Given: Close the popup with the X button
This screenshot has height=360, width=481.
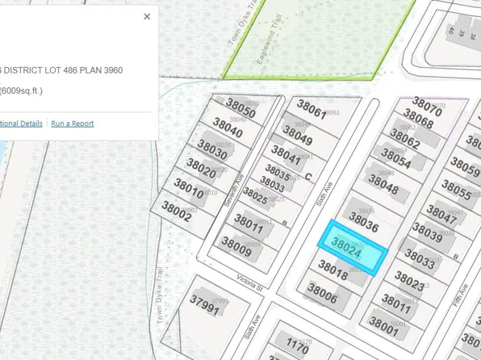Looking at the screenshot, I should click(x=147, y=16).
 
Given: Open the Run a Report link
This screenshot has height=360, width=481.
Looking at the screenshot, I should click(x=72, y=123).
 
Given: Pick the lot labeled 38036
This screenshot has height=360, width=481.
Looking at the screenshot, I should click(x=362, y=219).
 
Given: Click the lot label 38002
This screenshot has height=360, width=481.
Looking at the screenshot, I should click(x=176, y=207).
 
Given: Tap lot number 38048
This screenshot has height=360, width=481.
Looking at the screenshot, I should click(x=383, y=190).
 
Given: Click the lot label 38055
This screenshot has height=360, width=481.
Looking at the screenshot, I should click(x=456, y=192).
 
